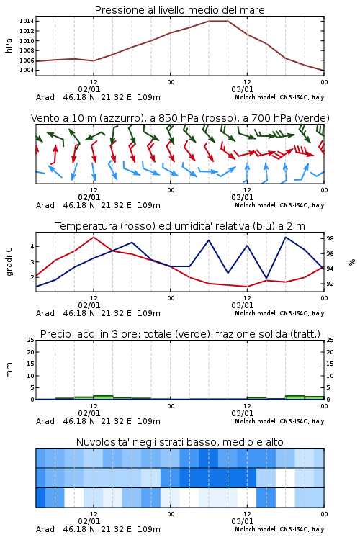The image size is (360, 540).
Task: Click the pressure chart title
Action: tap(179, 10)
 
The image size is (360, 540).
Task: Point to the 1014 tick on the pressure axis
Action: tap(27, 21)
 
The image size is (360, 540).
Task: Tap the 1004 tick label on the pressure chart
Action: tap(27, 71)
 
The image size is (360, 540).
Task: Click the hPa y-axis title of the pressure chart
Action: tap(9, 45)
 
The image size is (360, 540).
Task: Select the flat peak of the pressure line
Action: tap(218, 21)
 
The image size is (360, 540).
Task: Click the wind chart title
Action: tap(180, 118)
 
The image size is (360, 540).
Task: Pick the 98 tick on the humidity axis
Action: tap(330, 238)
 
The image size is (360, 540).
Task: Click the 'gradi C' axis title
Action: tap(9, 261)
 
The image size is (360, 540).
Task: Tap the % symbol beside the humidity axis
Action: tap(352, 262)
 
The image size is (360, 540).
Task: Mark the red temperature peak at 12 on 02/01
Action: tap(94, 237)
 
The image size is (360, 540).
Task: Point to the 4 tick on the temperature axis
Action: tap(32, 246)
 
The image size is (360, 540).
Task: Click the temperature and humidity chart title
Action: tap(180, 226)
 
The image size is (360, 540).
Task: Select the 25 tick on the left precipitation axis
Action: tap(31, 340)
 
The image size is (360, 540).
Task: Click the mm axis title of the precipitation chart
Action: tap(9, 370)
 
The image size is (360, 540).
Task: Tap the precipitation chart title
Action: tap(180, 334)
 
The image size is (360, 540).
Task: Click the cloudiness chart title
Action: tap(179, 442)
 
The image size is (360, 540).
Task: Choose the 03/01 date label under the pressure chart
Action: tap(242, 89)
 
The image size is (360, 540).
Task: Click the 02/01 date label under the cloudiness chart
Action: tap(89, 521)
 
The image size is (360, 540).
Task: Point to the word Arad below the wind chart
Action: tap(45, 205)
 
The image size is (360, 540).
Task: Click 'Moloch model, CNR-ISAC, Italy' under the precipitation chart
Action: tap(279, 421)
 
